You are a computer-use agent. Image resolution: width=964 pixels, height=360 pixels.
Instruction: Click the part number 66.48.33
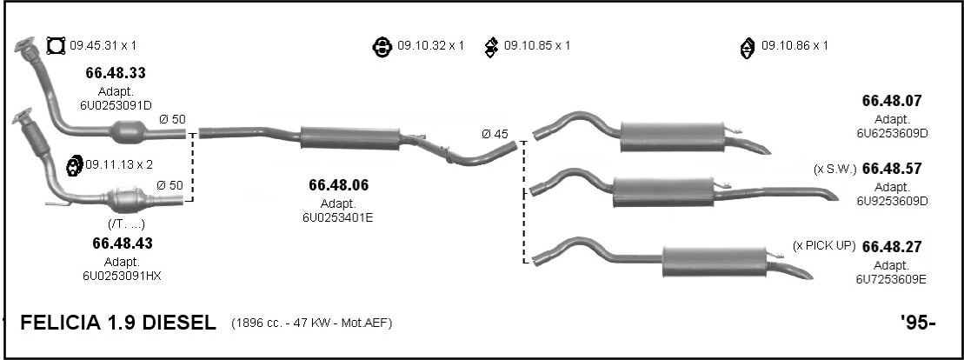(x=116, y=73)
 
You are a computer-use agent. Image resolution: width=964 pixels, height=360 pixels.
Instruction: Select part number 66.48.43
(x=123, y=243)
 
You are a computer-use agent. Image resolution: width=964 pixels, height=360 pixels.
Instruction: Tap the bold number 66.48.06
(x=339, y=185)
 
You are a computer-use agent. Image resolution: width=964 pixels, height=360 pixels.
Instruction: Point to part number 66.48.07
(x=892, y=101)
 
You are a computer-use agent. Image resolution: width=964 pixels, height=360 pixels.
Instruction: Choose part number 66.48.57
(x=892, y=169)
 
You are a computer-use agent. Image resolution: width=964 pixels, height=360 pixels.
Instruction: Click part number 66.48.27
(x=892, y=247)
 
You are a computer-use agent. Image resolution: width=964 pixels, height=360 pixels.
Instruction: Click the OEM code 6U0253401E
(x=337, y=217)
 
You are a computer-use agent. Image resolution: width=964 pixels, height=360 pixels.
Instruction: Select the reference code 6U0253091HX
(x=122, y=276)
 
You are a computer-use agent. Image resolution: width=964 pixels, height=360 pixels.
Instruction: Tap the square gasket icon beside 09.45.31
(x=56, y=46)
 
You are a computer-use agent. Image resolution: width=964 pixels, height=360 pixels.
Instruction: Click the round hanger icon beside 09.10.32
(x=382, y=47)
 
